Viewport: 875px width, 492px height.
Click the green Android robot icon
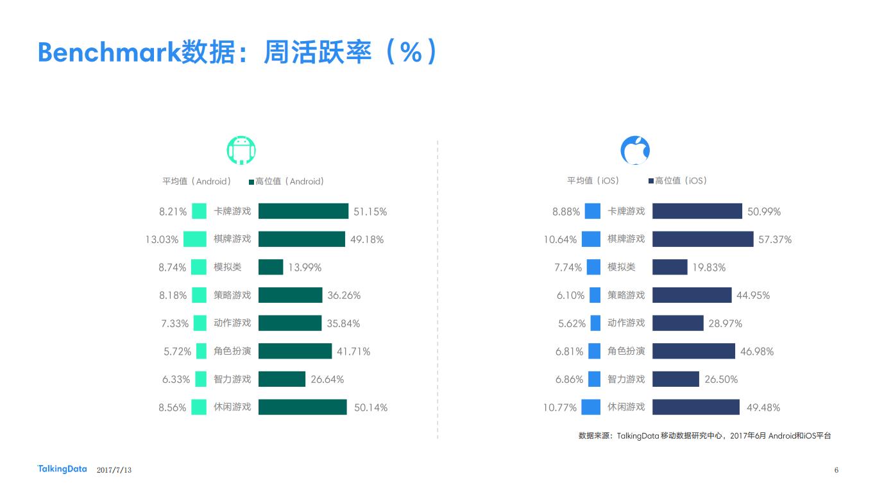pos(241,150)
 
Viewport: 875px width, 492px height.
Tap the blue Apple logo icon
pos(635,150)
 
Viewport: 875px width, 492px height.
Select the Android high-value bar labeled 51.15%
pos(303,211)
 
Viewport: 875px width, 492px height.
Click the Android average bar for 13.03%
pos(195,239)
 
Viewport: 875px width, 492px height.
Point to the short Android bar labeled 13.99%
pos(271,267)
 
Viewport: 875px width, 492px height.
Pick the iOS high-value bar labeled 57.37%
pos(702,239)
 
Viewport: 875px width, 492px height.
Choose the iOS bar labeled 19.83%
pos(670,267)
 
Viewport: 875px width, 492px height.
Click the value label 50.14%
pos(371,407)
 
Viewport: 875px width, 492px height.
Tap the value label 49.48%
pos(763,407)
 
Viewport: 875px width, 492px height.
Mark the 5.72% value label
pos(177,352)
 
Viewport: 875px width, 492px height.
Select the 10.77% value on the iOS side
pos(560,407)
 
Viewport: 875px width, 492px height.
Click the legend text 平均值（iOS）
pos(593,181)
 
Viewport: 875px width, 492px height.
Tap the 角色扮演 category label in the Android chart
pos(232,351)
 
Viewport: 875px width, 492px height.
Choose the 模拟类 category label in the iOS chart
pos(622,267)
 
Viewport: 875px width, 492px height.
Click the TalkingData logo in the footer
pos(62,470)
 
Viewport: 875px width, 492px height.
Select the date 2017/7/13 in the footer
pos(114,470)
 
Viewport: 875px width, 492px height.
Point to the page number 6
pos(837,470)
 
